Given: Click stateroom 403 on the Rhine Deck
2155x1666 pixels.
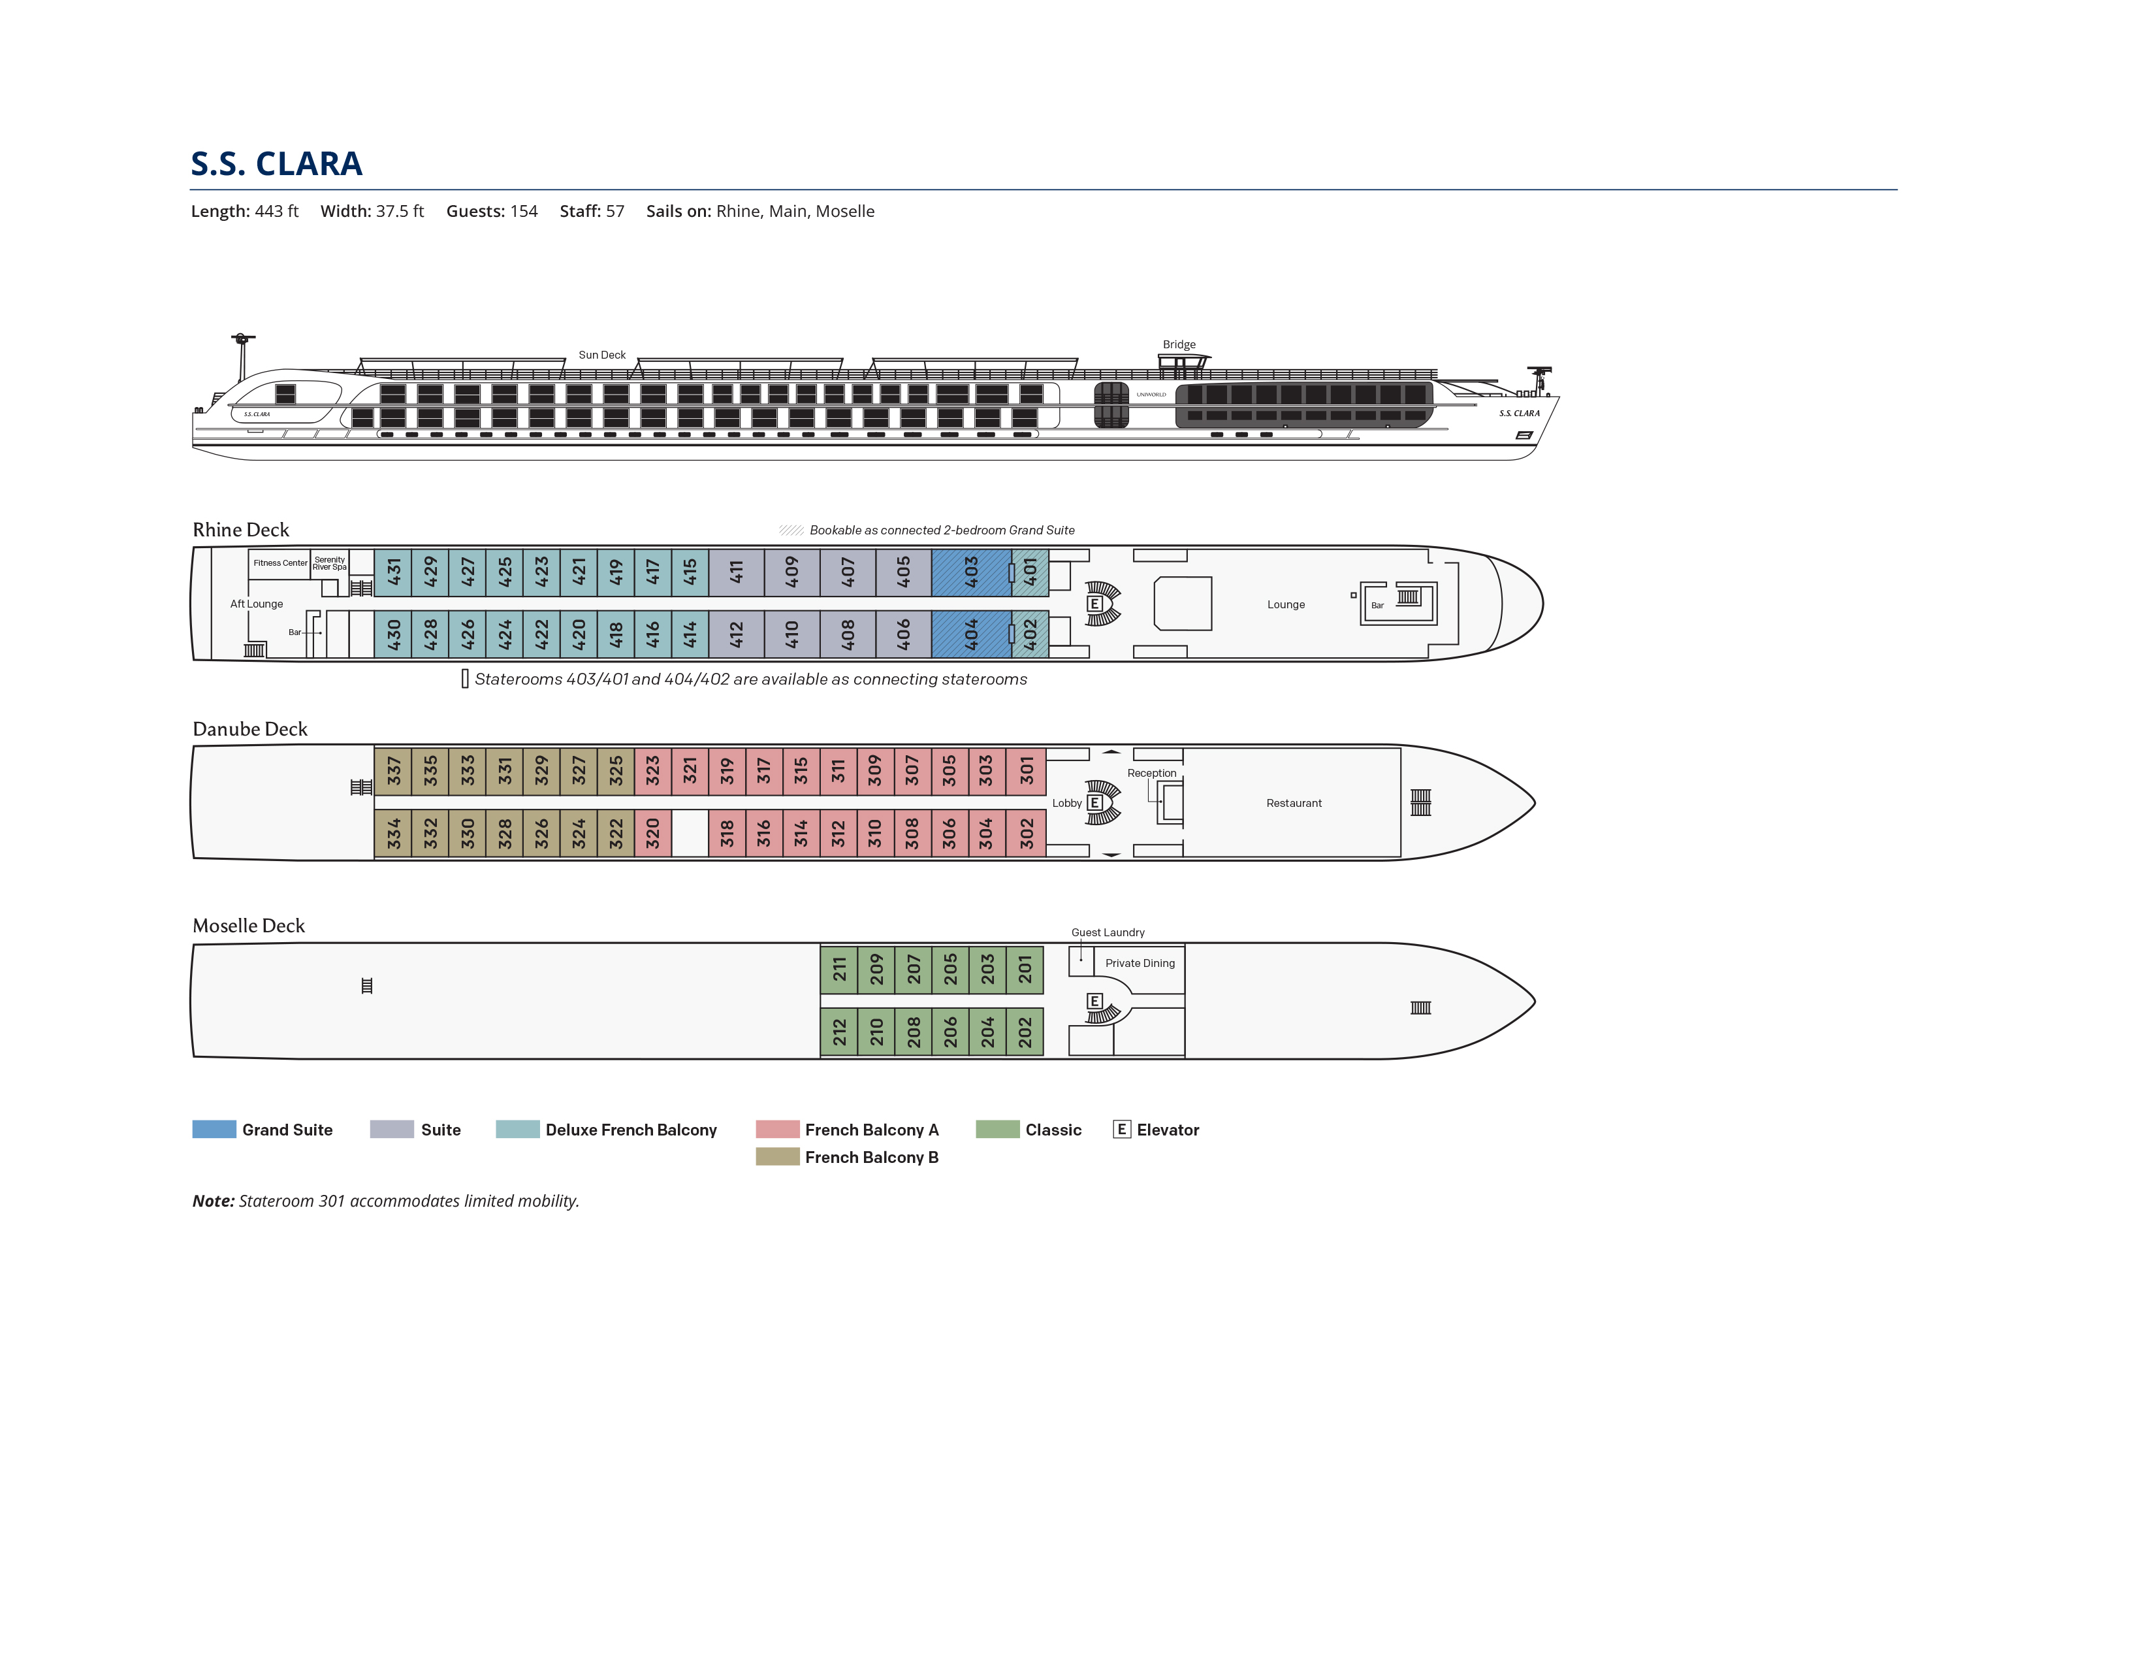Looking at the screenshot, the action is (971, 572).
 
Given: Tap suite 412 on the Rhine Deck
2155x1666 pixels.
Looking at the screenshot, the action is (736, 634).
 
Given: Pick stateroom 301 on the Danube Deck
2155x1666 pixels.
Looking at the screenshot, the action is (1026, 771).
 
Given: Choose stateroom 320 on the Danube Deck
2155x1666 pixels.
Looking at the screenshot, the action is (652, 833).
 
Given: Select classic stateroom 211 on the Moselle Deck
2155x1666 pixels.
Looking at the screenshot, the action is (838, 969).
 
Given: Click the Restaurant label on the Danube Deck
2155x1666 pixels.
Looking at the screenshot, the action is (1294, 804).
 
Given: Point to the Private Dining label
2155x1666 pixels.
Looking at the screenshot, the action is (1140, 963).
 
